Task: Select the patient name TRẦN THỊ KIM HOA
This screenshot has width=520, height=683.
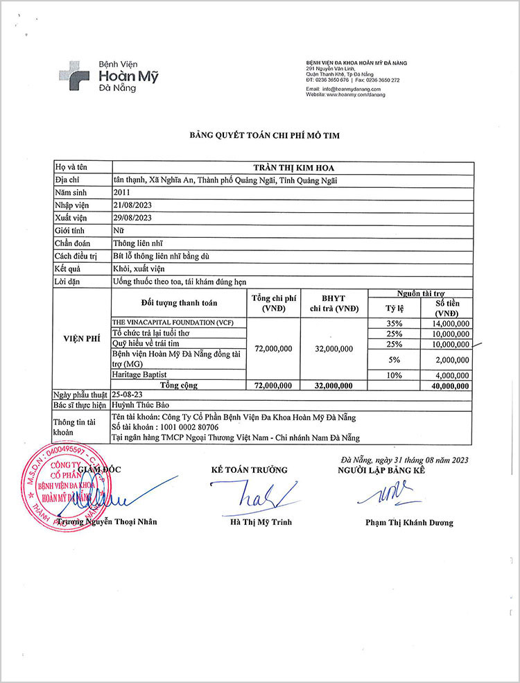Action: (293, 167)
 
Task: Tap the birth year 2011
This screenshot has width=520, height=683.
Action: (121, 192)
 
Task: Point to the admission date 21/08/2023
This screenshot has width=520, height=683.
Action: (132, 205)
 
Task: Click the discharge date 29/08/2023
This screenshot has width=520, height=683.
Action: (132, 218)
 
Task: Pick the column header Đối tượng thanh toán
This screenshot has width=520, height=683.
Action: (179, 303)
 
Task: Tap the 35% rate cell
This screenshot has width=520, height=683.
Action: (394, 323)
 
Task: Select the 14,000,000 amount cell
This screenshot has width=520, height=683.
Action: (449, 323)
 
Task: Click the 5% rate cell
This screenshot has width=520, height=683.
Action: (394, 358)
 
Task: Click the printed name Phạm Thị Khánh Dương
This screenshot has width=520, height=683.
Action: (409, 523)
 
